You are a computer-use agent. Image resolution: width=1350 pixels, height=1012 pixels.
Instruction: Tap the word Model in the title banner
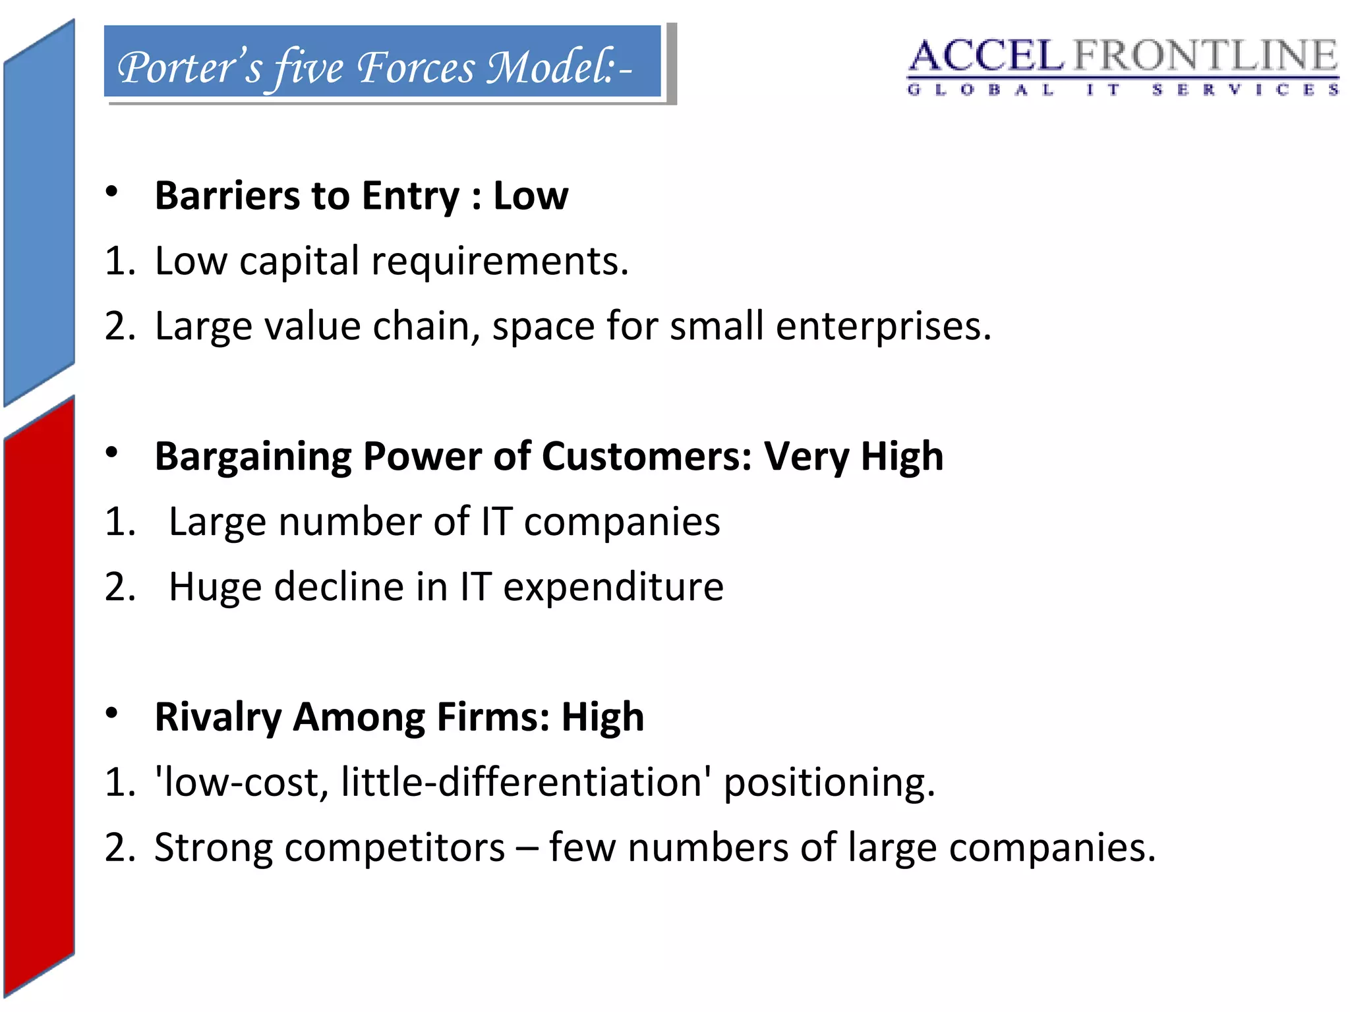point(550,67)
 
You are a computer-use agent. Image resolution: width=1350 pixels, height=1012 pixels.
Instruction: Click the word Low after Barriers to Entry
point(531,196)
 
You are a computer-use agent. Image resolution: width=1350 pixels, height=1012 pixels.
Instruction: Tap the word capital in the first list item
point(299,261)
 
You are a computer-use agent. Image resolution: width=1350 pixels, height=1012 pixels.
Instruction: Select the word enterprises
point(883,327)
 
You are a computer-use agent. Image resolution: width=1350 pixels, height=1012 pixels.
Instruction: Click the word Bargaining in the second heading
point(253,456)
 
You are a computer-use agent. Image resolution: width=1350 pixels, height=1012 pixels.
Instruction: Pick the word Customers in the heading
point(647,456)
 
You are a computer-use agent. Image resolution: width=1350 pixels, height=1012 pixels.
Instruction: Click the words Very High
point(854,456)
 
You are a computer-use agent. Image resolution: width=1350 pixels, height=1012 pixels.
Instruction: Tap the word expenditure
point(613,586)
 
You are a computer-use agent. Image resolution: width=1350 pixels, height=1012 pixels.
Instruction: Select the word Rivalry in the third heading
point(218,717)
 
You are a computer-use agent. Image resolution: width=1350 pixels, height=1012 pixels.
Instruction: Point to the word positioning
point(829,783)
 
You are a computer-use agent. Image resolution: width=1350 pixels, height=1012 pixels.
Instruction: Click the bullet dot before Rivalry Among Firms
point(111,713)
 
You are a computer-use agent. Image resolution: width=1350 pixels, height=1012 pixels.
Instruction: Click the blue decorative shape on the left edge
point(39,211)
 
